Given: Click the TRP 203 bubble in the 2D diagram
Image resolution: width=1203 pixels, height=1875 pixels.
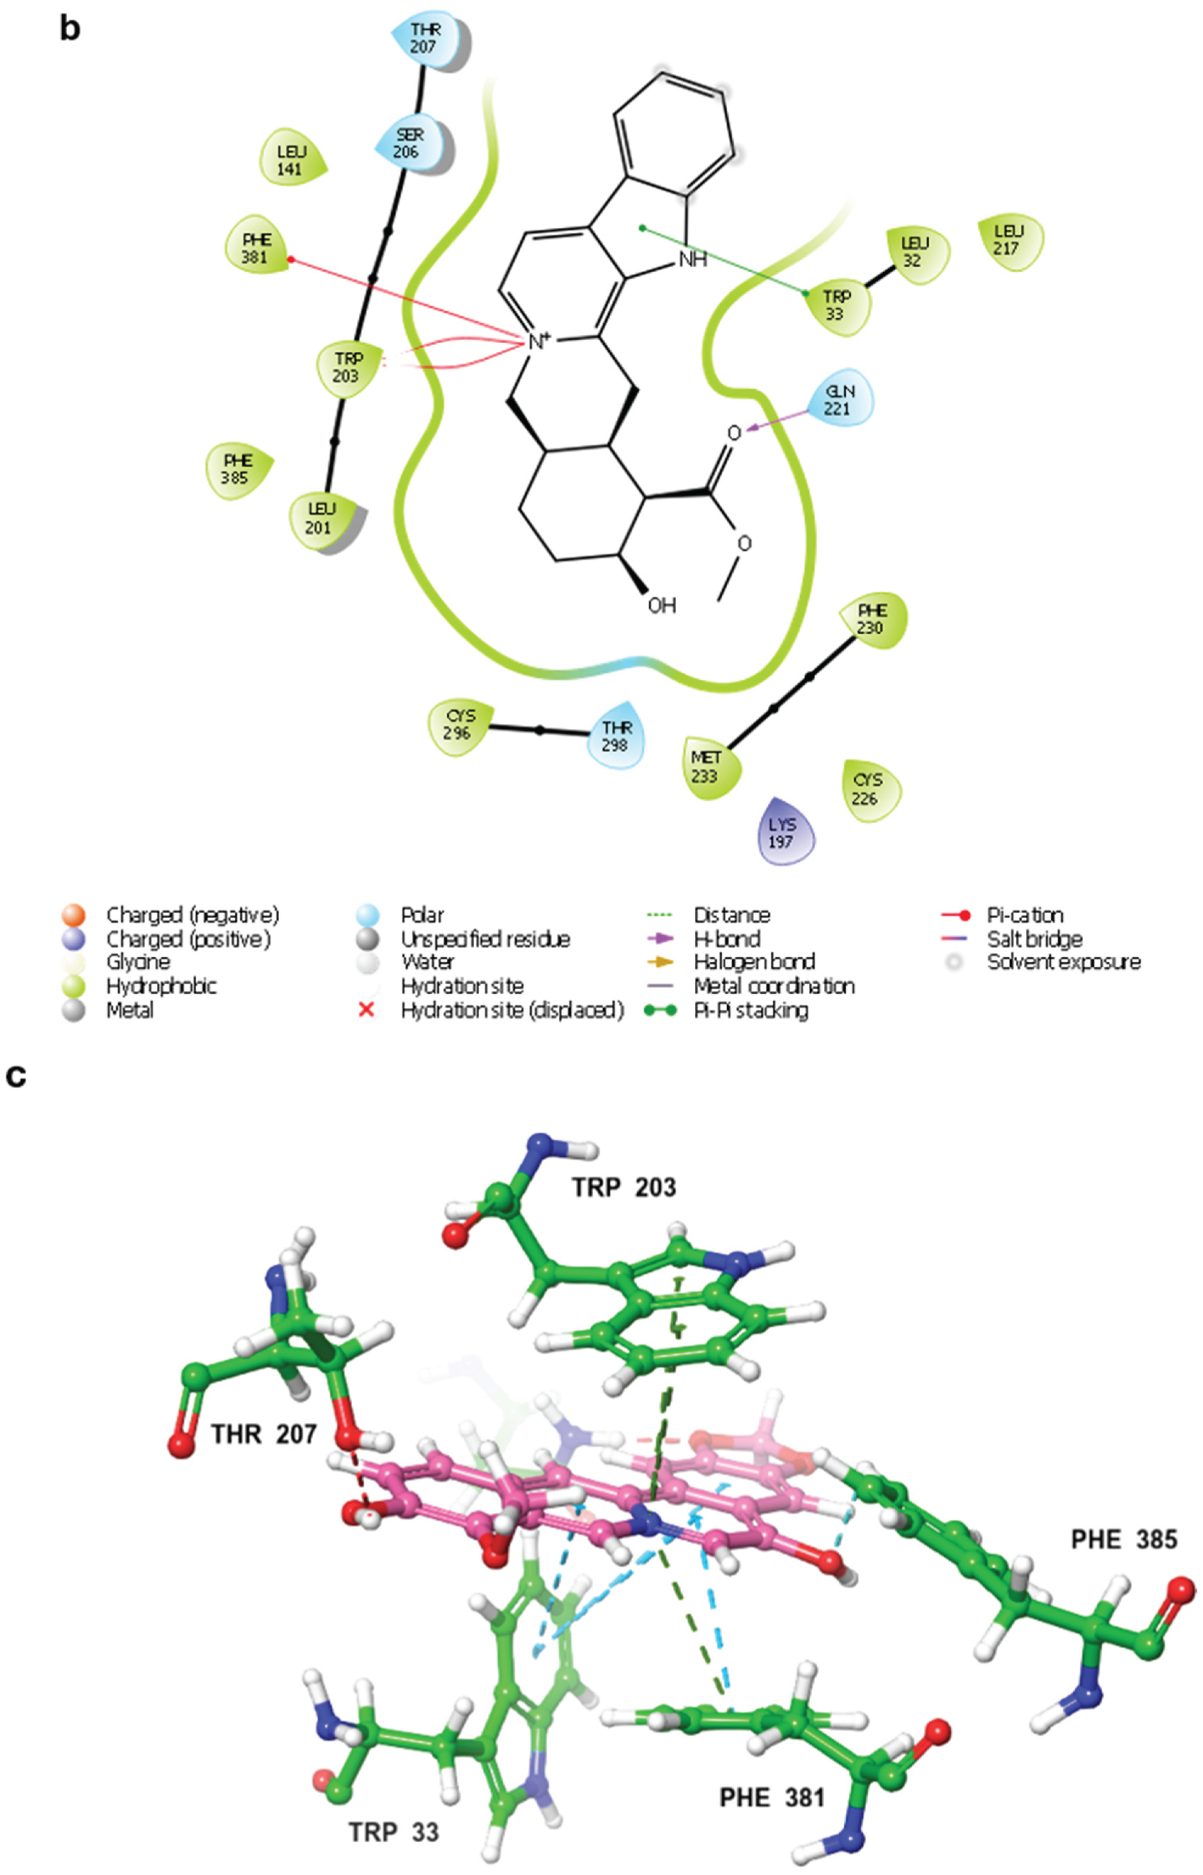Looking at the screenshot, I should click(x=348, y=367).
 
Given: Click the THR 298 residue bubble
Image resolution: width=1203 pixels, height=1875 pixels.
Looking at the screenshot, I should click(x=616, y=736).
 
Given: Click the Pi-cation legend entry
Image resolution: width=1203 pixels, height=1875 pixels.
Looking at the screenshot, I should click(x=1023, y=915).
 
